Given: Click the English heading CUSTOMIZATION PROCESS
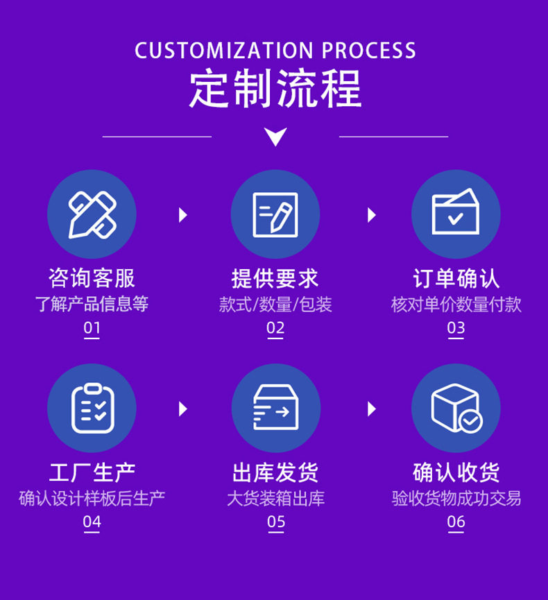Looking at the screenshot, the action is coord(275,51).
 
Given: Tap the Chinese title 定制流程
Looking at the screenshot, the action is coord(275,89).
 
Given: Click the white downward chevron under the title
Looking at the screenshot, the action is coord(275,137).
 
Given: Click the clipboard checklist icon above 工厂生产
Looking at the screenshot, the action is coord(92,408).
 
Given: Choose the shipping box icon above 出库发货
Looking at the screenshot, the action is coord(275,408).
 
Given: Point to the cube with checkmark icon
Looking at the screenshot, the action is coord(456,408).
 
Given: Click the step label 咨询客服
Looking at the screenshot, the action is coord(92,279).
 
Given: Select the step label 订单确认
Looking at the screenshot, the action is coord(456,279).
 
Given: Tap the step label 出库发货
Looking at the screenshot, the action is coord(275,473).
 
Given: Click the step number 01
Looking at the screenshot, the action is coord(92,328).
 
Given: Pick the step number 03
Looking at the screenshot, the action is coord(456,328).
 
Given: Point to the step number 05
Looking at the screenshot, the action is coord(275,522).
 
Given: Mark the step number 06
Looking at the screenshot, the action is coord(456,522).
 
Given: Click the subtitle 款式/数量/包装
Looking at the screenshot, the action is coord(275,305).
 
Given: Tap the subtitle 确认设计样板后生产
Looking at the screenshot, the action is coord(92,498).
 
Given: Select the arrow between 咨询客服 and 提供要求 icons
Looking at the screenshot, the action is coord(183,215).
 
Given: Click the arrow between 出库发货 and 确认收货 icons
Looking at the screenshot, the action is coord(372,409).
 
